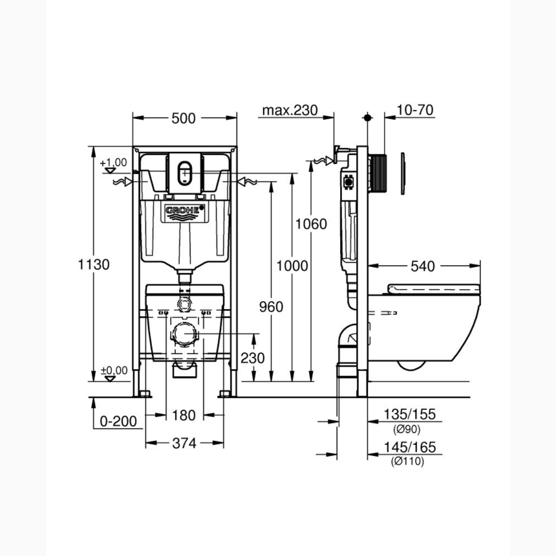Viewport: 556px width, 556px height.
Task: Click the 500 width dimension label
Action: pyautogui.click(x=184, y=118)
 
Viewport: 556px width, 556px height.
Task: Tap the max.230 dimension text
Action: pyautogui.click(x=290, y=111)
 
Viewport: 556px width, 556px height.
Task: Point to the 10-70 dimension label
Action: pyautogui.click(x=414, y=111)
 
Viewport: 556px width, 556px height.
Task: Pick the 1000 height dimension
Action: pyautogui.click(x=291, y=266)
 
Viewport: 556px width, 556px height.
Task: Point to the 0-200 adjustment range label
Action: pyautogui.click(x=118, y=422)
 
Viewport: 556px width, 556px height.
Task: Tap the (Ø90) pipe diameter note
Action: pyautogui.click(x=407, y=429)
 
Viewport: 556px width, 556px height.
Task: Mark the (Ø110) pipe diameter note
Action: pyautogui.click(x=407, y=462)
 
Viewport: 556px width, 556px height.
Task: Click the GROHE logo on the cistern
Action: pyautogui.click(x=184, y=210)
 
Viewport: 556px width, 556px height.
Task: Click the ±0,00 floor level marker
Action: pyautogui.click(x=114, y=371)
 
